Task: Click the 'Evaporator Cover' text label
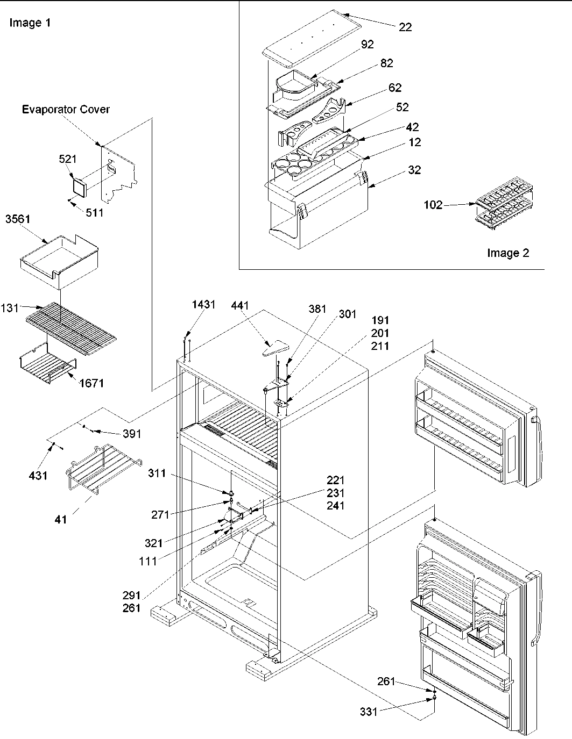66,110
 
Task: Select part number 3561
18,219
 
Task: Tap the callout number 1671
91,383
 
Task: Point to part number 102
433,205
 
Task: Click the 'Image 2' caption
508,253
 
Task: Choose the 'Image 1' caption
30,23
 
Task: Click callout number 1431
203,305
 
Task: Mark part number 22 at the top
405,27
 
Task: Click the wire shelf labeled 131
71,325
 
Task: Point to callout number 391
132,434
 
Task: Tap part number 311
158,474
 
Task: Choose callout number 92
368,45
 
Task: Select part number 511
94,213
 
